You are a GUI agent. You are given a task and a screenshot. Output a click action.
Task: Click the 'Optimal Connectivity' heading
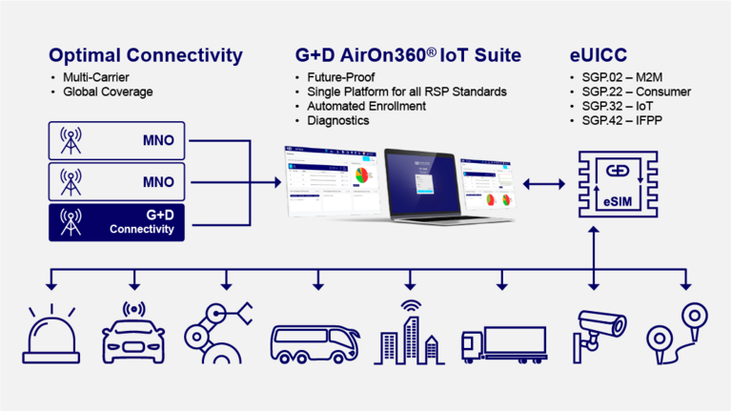[145, 55]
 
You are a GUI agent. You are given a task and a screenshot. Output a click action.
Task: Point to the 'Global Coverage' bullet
[108, 92]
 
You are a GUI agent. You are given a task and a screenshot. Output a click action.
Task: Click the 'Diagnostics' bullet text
[338, 120]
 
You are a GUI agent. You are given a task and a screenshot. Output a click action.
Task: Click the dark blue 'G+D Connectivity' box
[116, 221]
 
